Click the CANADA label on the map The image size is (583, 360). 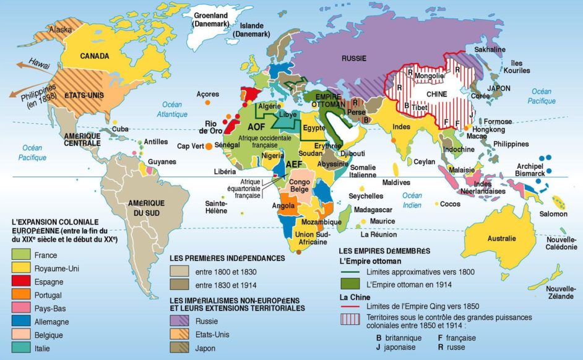tap(94, 56)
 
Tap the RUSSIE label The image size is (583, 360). tap(353, 58)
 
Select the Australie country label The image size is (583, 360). tap(501, 238)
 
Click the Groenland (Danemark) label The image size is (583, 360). tap(211, 19)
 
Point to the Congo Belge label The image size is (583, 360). tap(300, 186)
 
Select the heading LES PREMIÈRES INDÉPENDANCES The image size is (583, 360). tap(227, 258)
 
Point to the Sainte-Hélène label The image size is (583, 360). tap(216, 207)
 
